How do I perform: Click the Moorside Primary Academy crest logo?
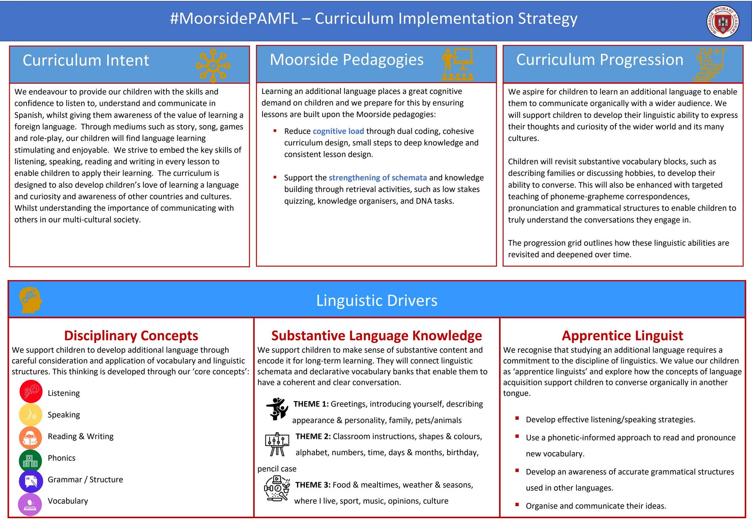(723, 21)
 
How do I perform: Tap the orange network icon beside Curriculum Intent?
(213, 66)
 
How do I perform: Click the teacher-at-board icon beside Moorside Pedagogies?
(458, 64)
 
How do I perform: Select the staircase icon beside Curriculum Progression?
(709, 65)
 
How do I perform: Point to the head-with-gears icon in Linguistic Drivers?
(30, 300)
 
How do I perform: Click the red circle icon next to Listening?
(31, 392)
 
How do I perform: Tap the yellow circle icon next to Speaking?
(30, 414)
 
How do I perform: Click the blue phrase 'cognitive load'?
(338, 131)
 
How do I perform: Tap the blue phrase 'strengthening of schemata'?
(377, 178)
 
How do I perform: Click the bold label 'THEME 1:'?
(311, 404)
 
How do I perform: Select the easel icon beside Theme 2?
(277, 444)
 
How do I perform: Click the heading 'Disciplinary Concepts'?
(131, 336)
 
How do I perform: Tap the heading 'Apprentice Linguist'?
(622, 336)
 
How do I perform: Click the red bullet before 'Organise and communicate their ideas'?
(517, 505)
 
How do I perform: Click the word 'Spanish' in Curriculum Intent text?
(29, 115)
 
